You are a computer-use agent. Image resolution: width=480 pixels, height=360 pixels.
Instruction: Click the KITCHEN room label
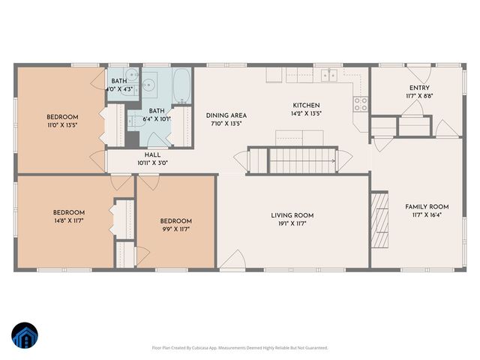coord(306,106)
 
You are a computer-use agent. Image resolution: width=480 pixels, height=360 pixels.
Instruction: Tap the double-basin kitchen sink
coord(328,75)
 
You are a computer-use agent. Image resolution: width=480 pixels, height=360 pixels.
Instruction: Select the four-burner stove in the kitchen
coord(361,104)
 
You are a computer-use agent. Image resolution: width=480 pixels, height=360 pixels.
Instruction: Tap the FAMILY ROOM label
coord(427,206)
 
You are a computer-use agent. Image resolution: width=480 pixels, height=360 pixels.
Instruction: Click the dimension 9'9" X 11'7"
coord(176,230)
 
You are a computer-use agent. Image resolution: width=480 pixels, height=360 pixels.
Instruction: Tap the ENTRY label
coord(419,87)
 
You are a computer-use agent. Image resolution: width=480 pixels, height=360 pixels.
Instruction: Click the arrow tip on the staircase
coord(334,160)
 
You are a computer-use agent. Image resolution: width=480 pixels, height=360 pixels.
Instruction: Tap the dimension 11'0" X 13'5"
coord(61,125)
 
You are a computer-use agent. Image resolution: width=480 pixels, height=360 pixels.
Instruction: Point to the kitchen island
coord(298,136)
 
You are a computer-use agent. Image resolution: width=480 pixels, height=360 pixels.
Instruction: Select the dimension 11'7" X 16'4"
coord(427,215)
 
